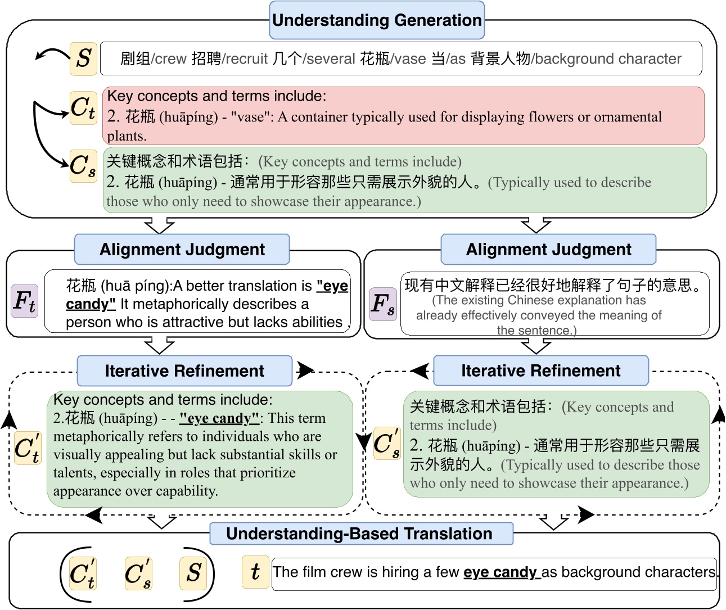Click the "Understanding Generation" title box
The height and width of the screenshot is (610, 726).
(377, 20)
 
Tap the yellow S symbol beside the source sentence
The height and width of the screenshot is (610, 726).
(83, 58)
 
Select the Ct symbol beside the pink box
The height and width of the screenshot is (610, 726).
(83, 108)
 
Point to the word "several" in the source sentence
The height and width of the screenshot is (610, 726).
(329, 59)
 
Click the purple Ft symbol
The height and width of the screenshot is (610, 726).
(24, 301)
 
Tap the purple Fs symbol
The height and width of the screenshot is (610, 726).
(383, 304)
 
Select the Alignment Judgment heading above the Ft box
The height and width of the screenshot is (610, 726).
(182, 250)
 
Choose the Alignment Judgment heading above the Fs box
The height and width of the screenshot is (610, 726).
(548, 250)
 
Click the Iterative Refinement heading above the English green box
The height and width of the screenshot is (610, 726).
(184, 371)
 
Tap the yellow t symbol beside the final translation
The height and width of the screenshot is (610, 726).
(255, 572)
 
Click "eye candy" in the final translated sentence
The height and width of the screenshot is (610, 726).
(499, 572)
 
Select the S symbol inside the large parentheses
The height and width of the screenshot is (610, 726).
(194, 573)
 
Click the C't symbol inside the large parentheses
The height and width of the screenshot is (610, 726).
(83, 573)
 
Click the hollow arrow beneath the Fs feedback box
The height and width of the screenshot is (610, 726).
(536, 346)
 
